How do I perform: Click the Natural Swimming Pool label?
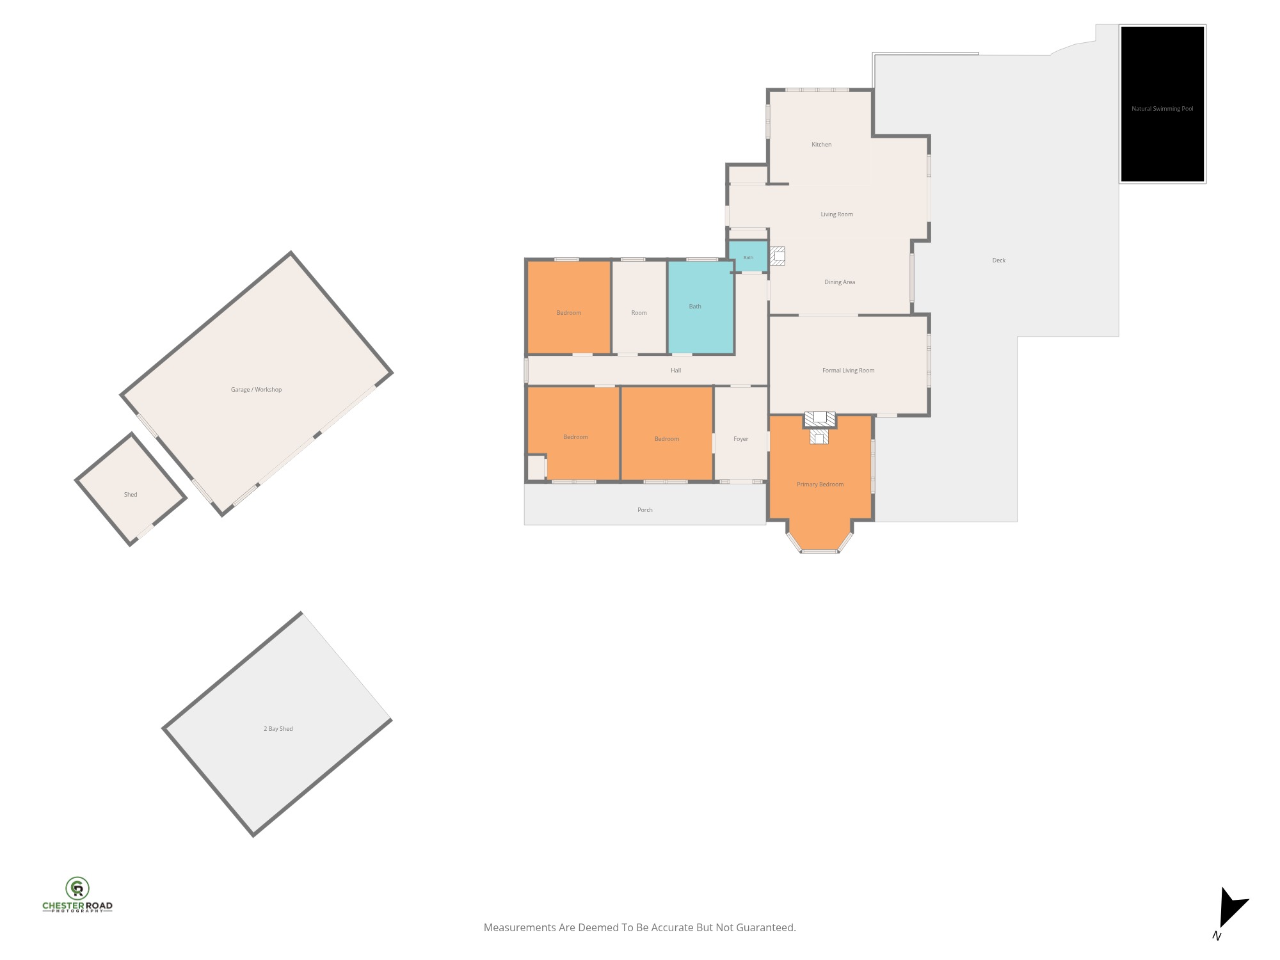click(x=1162, y=109)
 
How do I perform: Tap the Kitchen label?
click(x=822, y=145)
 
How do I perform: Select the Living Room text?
click(x=837, y=214)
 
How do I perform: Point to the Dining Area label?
click(x=840, y=282)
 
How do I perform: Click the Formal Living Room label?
click(x=849, y=371)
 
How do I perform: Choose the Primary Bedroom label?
click(x=820, y=484)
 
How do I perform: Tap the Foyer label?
click(x=741, y=439)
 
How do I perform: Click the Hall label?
click(x=676, y=371)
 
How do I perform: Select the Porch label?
click(x=645, y=510)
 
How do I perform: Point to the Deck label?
click(x=999, y=260)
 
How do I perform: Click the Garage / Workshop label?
click(x=257, y=390)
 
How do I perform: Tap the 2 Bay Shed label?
click(x=278, y=729)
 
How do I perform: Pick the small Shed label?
click(x=131, y=495)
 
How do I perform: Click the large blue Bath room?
click(x=701, y=307)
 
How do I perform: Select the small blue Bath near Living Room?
click(x=748, y=256)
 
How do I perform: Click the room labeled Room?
click(x=639, y=307)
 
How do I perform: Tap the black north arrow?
click(x=1232, y=908)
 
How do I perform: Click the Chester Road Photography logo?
click(x=77, y=895)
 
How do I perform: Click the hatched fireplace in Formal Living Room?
click(x=820, y=419)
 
